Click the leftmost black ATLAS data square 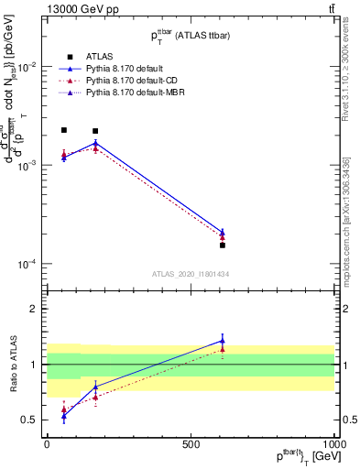[63, 131]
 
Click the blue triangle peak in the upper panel [95, 143]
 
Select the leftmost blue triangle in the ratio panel [63, 416]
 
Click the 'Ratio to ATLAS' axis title [13, 365]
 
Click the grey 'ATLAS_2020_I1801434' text [190, 274]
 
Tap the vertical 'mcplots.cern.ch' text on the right [346, 238]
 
